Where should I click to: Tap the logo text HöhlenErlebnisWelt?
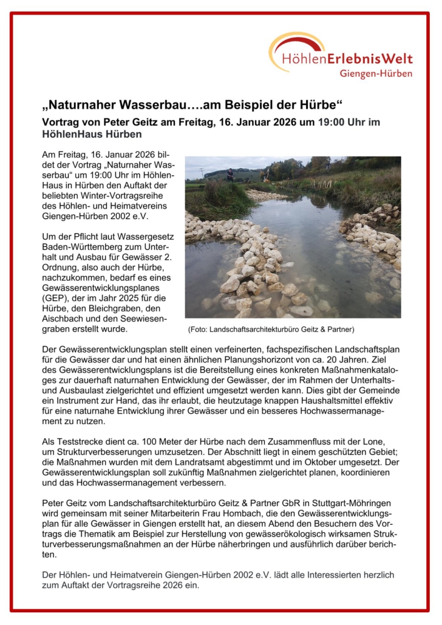point(347,59)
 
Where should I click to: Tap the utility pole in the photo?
point(202,173)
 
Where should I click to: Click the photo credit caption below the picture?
point(271,329)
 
